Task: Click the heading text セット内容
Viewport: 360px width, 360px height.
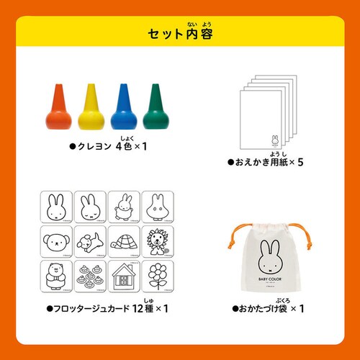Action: pos(180,33)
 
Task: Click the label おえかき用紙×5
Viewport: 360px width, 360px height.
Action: pos(266,163)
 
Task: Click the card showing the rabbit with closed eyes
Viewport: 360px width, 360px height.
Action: pos(91,207)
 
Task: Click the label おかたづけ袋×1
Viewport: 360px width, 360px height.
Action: pos(267,310)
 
